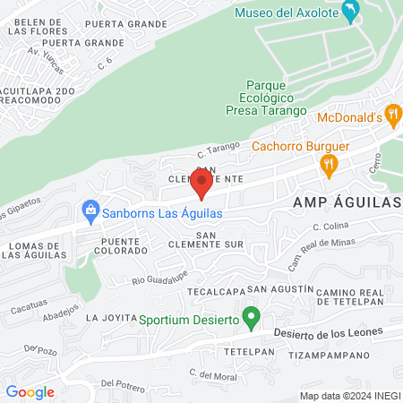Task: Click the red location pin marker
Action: (202, 184)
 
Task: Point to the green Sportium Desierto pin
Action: (252, 317)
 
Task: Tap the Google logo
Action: (30, 391)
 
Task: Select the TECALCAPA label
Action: (215, 292)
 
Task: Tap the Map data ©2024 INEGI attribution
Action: (349, 395)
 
